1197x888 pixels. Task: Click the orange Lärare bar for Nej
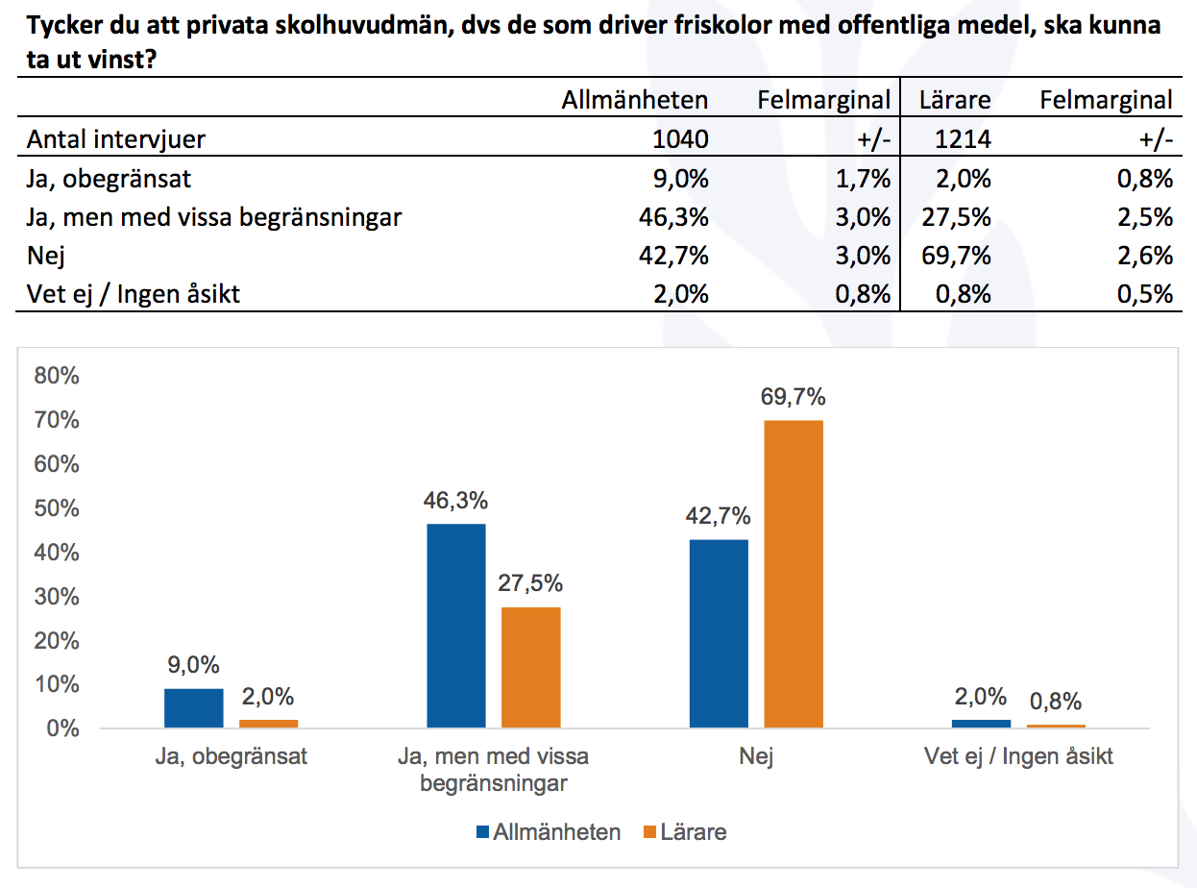coord(794,574)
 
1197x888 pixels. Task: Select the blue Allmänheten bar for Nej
coord(719,633)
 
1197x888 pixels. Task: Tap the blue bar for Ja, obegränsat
coord(193,708)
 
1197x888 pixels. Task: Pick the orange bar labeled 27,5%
coord(530,667)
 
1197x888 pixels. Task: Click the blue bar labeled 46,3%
coord(456,626)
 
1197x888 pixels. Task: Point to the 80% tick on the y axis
coord(56,376)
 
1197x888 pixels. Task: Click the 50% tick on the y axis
coord(56,508)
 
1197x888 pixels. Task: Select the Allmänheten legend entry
coord(549,832)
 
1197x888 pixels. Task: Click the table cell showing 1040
coord(679,139)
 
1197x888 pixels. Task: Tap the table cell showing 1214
coord(963,139)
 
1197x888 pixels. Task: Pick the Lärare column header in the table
coord(954,100)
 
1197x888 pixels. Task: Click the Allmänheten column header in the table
coord(634,100)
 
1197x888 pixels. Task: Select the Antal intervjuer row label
coord(116,139)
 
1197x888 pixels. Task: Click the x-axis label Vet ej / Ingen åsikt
coord(1018,756)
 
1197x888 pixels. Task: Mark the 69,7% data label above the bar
coord(794,397)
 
